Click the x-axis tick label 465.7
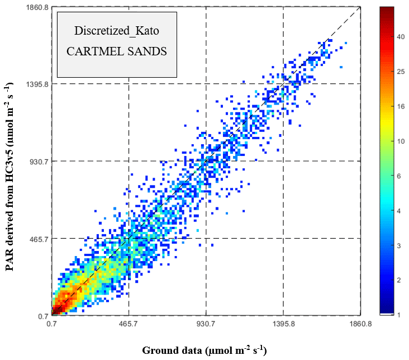(129, 324)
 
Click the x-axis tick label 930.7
(206, 324)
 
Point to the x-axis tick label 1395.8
(283, 324)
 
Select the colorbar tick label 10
(401, 141)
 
